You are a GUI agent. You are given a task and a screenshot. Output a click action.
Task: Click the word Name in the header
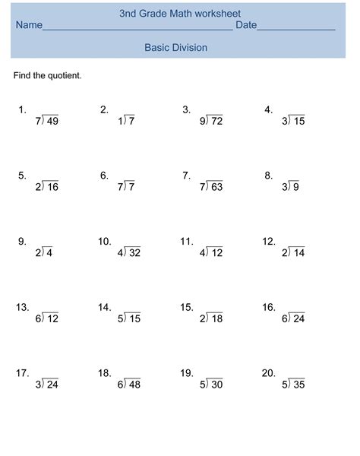coord(29,26)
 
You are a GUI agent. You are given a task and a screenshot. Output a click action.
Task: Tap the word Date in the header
coord(246,26)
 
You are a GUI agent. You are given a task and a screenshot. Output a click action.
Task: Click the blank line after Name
coord(137,29)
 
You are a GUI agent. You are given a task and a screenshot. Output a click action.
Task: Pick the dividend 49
coord(52,121)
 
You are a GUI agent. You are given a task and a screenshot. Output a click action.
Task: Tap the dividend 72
coord(216,121)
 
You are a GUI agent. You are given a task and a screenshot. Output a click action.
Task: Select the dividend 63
coord(216,187)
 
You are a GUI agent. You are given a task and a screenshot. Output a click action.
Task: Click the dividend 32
coord(134,253)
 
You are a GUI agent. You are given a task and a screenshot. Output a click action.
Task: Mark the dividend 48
coord(134,385)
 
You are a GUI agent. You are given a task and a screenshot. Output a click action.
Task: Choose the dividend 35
coord(298,385)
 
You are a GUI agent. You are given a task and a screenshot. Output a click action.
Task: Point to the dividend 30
coord(216,385)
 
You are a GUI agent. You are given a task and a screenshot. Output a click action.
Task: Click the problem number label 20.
coord(268,373)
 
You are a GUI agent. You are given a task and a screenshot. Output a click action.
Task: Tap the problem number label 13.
coord(22,308)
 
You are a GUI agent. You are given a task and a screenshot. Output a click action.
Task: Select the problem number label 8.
coord(268,176)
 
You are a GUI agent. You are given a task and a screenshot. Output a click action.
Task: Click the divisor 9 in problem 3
coord(203,121)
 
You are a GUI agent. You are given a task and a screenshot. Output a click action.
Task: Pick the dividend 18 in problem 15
coord(216,319)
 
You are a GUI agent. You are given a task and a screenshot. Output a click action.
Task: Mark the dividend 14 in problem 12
coord(298,253)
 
